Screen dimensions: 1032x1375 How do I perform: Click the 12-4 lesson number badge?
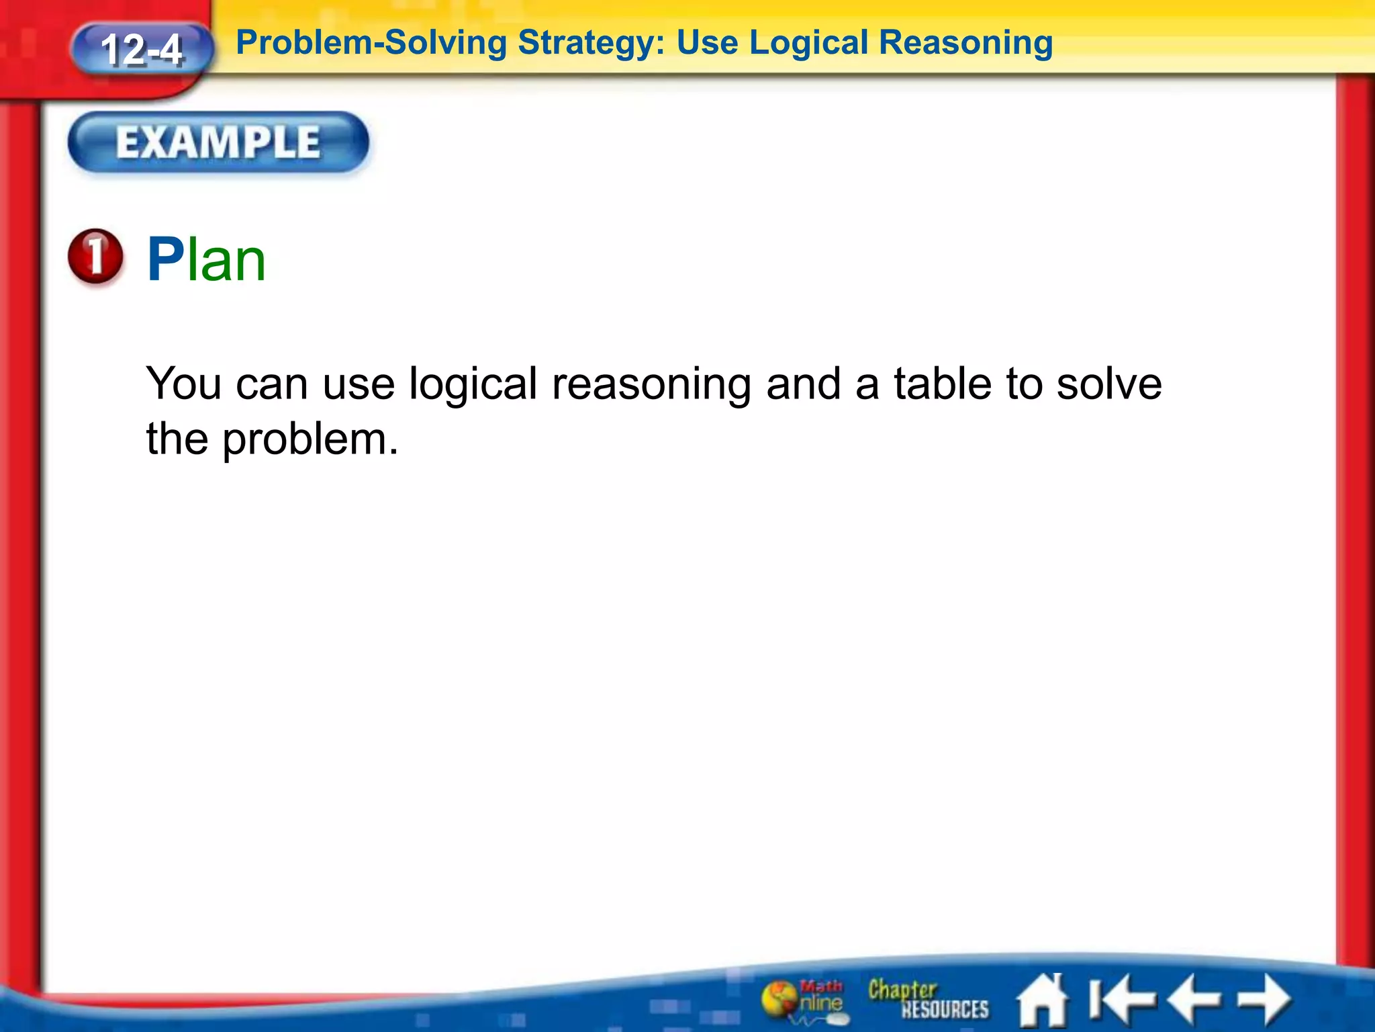141,50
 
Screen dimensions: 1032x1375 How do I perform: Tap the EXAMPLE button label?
218,142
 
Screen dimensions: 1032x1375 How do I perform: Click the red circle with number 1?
96,257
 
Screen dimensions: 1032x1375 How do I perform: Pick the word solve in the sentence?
1109,384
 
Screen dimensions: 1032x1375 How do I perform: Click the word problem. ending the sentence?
310,440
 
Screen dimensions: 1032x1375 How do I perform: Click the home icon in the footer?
1042,1000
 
